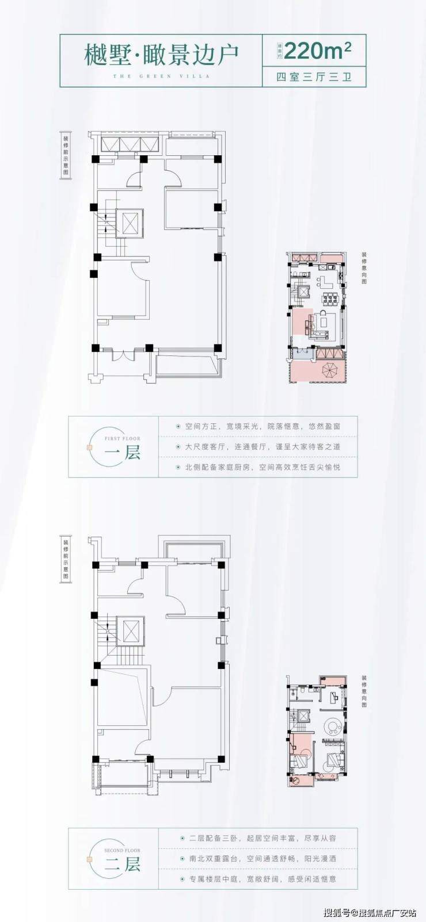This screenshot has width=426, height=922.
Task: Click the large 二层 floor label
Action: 123,864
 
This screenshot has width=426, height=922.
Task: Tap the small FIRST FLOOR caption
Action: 122,438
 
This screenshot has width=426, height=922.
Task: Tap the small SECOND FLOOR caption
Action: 122,850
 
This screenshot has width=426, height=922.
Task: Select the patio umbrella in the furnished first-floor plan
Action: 330,368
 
